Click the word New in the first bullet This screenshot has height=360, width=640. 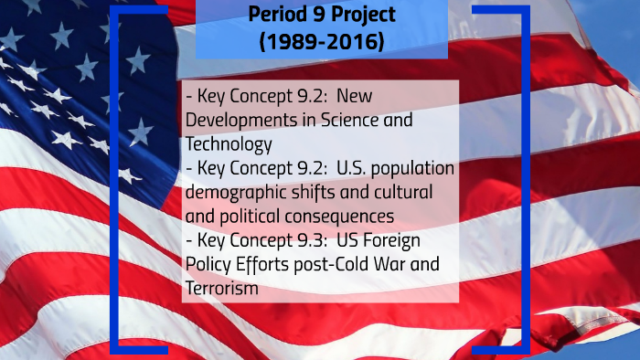[x=392, y=96]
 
